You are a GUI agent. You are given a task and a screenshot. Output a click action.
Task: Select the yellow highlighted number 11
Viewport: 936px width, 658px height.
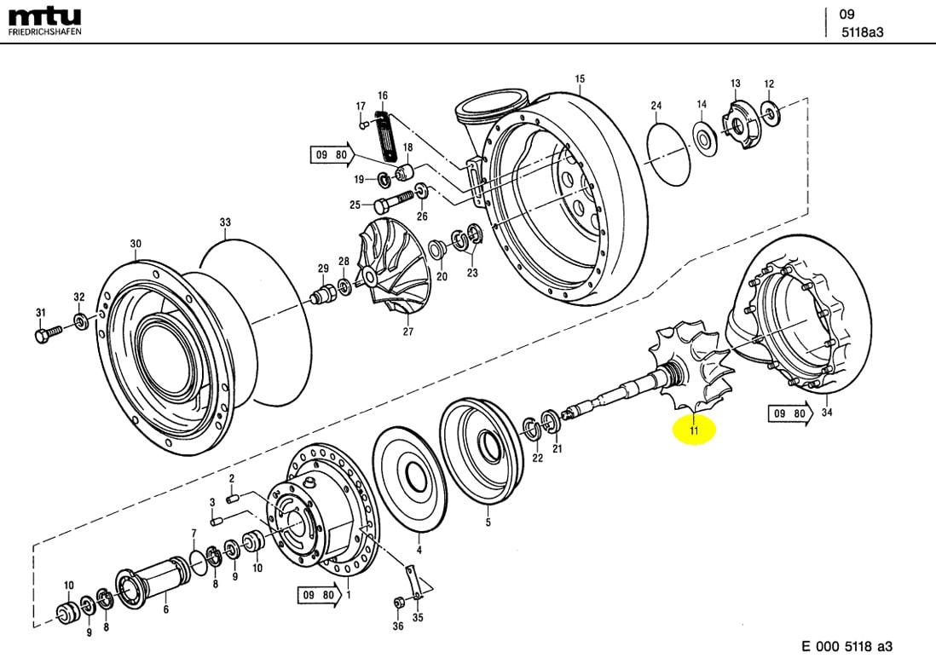pyautogui.click(x=694, y=431)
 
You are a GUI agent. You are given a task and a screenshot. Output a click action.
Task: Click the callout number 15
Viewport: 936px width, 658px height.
pyautogui.click(x=580, y=79)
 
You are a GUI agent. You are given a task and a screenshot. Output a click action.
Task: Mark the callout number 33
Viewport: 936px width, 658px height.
pyautogui.click(x=225, y=223)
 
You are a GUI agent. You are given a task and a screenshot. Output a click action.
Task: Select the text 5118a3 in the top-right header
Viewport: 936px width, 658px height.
pyautogui.click(x=863, y=32)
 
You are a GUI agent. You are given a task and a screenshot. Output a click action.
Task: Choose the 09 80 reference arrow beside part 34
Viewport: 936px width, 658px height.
pyautogui.click(x=789, y=413)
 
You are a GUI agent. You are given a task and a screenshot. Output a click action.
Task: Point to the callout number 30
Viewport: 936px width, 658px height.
pyautogui.click(x=136, y=244)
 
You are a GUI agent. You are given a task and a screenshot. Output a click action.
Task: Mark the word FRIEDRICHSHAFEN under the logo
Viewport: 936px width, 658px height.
pyautogui.click(x=44, y=32)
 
